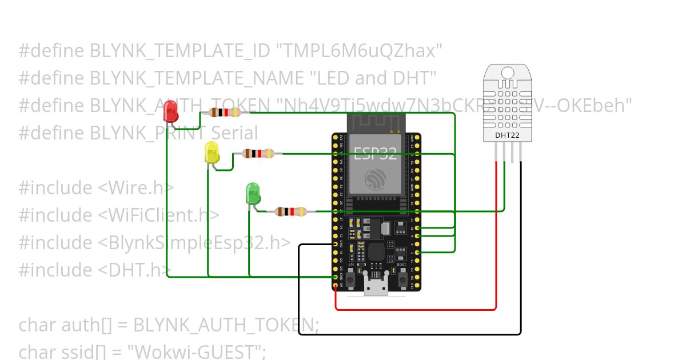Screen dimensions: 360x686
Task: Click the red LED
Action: click(x=170, y=111)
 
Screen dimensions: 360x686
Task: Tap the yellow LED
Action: click(x=212, y=153)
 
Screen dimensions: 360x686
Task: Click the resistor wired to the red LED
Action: click(x=225, y=113)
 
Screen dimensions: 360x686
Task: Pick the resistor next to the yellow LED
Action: click(x=258, y=153)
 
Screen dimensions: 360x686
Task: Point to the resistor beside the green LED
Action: click(x=291, y=211)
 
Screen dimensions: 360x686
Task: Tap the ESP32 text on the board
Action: click(x=375, y=153)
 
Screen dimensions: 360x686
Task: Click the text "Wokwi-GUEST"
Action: click(x=200, y=351)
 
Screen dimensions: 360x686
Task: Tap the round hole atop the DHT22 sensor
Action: click(x=508, y=73)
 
